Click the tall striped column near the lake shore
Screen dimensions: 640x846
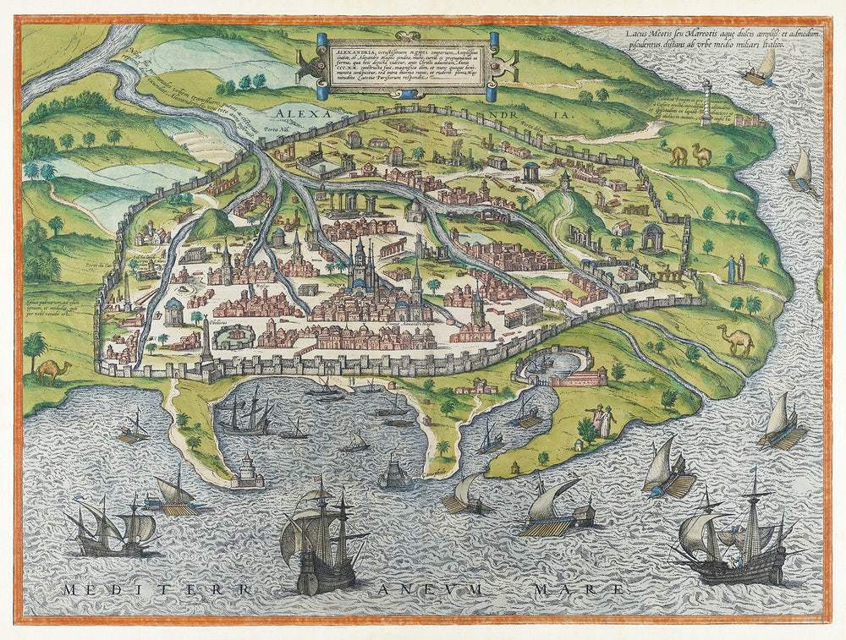(705, 103)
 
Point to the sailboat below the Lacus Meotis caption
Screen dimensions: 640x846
(761, 68)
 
